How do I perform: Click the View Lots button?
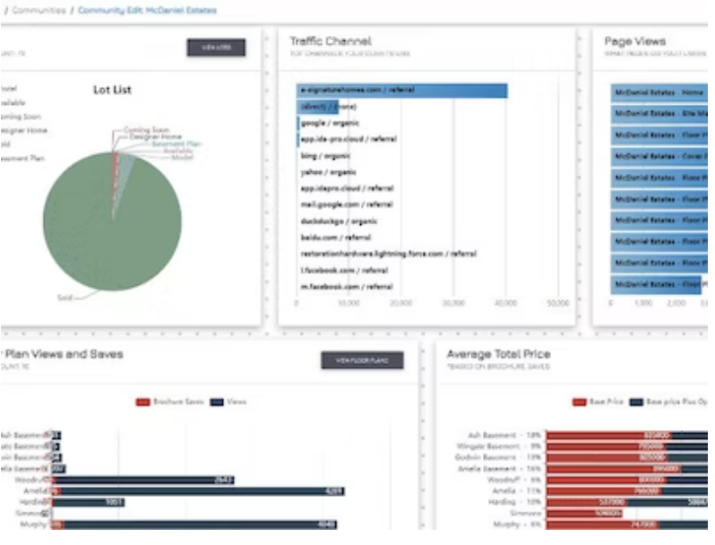click(215, 48)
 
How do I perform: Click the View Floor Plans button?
click(362, 360)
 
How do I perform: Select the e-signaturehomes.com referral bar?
click(402, 91)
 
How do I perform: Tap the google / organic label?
click(323, 123)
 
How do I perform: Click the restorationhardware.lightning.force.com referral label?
click(389, 254)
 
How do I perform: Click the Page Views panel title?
click(634, 41)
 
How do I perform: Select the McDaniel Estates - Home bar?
click(659, 91)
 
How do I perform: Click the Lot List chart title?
click(112, 90)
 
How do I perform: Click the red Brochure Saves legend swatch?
click(142, 402)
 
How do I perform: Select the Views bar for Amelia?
click(197, 491)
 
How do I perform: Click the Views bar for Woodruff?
click(143, 480)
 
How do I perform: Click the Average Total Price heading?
click(498, 354)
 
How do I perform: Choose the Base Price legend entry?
click(599, 402)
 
